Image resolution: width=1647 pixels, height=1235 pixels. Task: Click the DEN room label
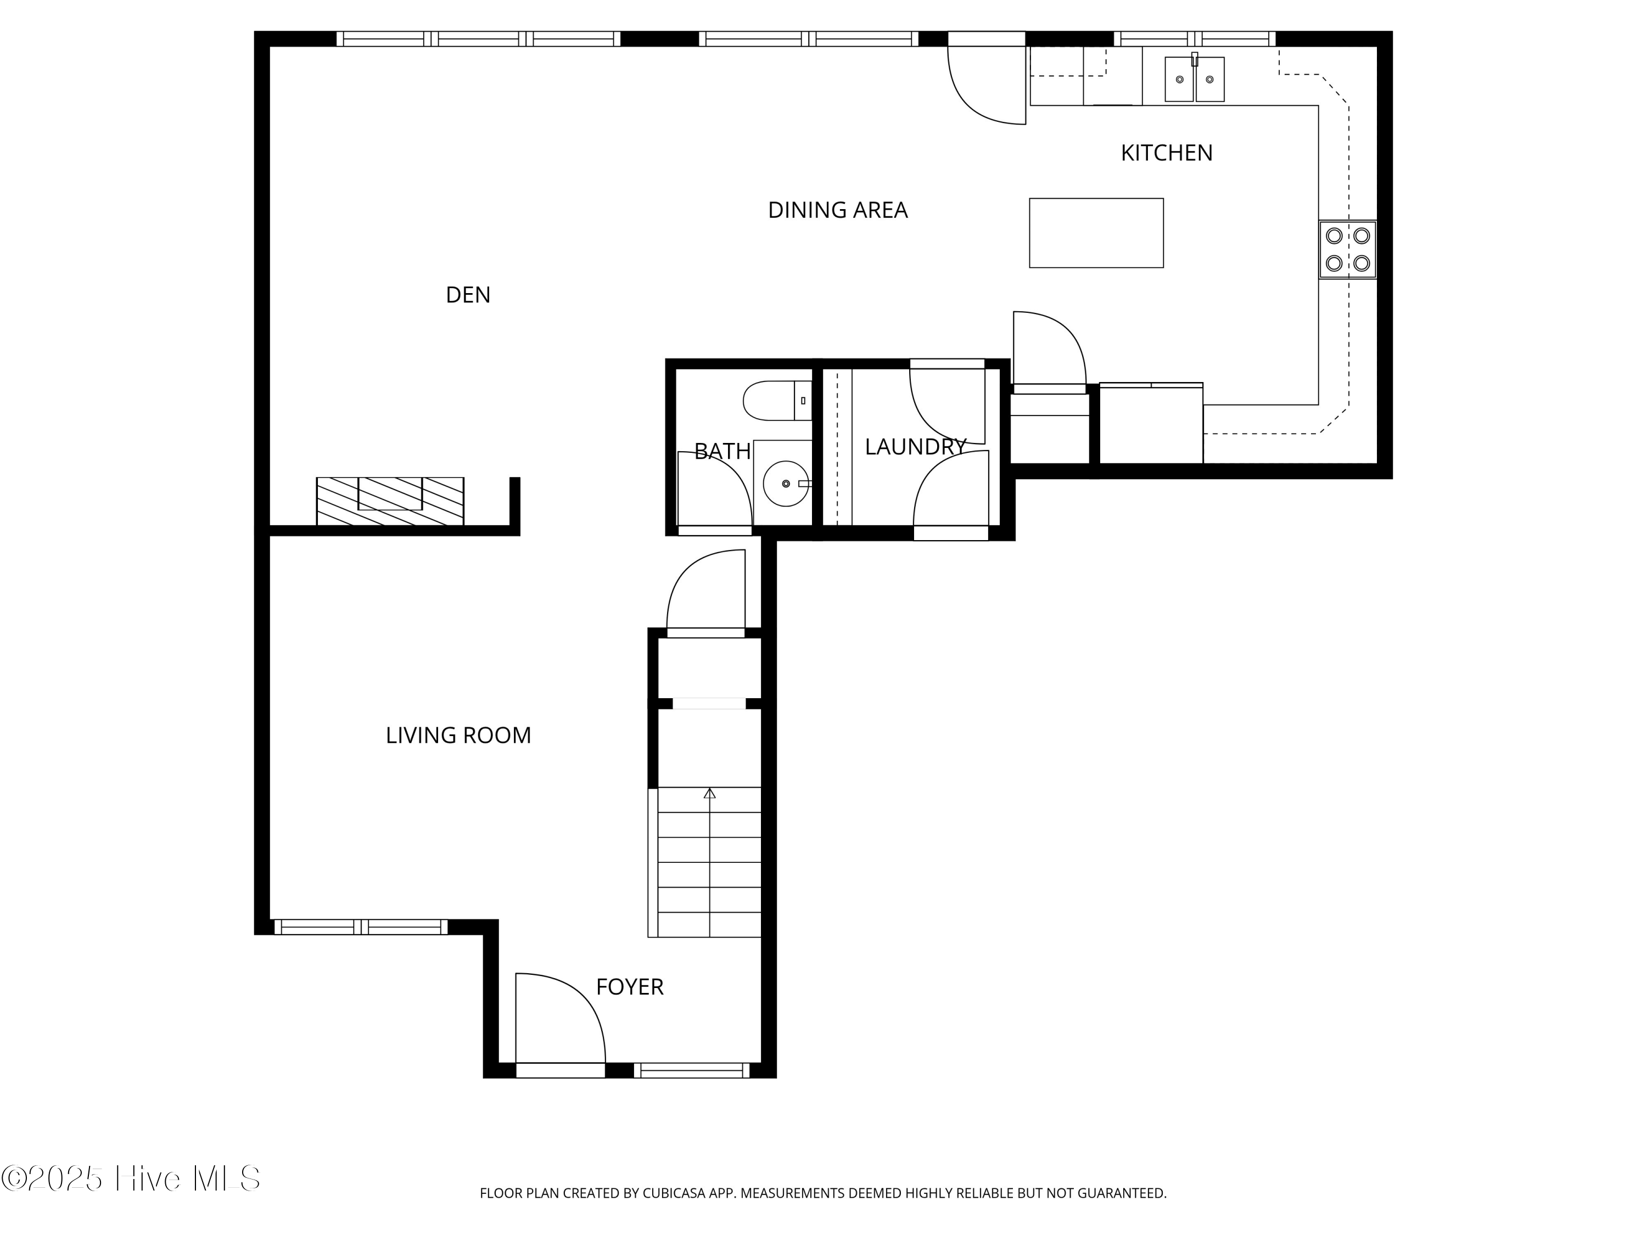(x=468, y=295)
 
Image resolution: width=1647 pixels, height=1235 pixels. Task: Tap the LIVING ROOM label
(x=458, y=736)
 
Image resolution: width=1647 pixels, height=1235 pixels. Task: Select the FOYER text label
(x=629, y=986)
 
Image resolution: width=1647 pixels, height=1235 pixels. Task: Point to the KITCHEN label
(x=1167, y=153)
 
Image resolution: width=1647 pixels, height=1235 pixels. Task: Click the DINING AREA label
(x=838, y=210)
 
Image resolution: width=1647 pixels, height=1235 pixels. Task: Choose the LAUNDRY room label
(x=915, y=447)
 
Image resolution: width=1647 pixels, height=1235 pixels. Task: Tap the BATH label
(x=722, y=451)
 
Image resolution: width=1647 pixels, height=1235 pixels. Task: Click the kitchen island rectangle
(x=1096, y=233)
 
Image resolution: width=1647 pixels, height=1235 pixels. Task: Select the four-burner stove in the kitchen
(x=1348, y=249)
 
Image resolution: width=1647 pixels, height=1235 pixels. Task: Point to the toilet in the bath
(x=777, y=401)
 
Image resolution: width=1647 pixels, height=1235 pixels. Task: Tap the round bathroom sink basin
(x=786, y=484)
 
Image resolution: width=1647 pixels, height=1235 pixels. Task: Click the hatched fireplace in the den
(x=390, y=501)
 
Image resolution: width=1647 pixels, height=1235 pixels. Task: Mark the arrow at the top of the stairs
(x=709, y=794)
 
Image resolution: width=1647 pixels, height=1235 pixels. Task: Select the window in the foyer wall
(x=692, y=1070)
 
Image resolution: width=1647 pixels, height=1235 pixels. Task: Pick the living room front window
(x=361, y=927)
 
